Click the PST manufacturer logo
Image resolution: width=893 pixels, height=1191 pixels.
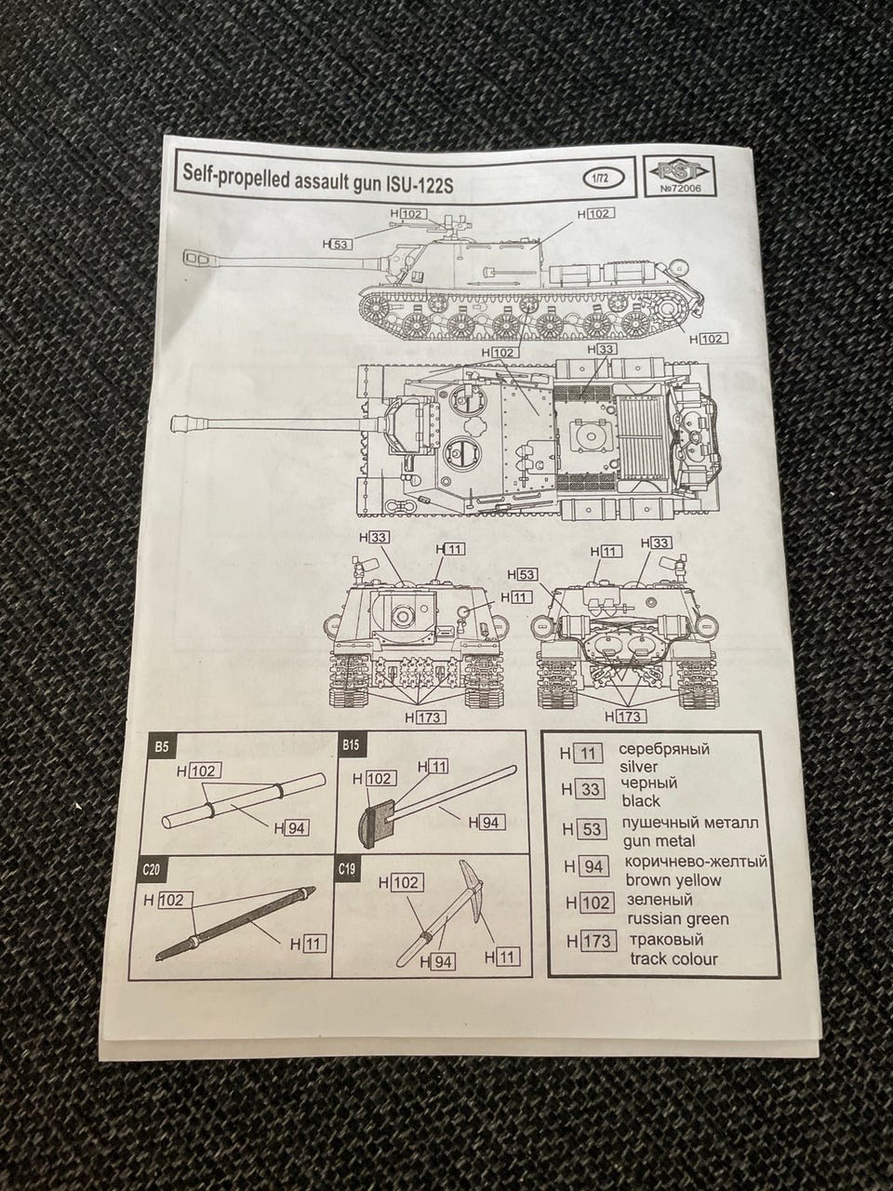pyautogui.click(x=680, y=170)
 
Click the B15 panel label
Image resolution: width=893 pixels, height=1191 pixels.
pyautogui.click(x=351, y=746)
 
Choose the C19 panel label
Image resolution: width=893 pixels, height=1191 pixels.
pyautogui.click(x=349, y=869)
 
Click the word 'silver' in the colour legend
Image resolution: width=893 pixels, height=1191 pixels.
pyautogui.click(x=638, y=768)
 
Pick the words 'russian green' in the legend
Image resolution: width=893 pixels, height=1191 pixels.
pyautogui.click(x=676, y=919)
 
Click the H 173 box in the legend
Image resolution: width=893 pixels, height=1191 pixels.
pyautogui.click(x=589, y=941)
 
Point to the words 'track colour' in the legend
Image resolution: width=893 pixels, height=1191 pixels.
pyautogui.click(x=673, y=958)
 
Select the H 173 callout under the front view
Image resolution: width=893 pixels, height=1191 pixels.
pyautogui.click(x=423, y=716)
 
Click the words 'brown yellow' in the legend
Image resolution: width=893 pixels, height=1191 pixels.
pyautogui.click(x=673, y=880)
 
